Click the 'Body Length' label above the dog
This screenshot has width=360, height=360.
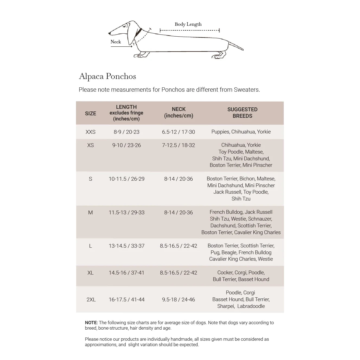[188, 24]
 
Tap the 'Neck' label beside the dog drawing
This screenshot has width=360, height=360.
[116, 42]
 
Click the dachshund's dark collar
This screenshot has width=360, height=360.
[139, 33]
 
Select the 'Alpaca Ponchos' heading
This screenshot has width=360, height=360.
[107, 76]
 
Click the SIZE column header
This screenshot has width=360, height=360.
[90, 113]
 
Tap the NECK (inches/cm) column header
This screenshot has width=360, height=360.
[179, 112]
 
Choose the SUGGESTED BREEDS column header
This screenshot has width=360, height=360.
[242, 113]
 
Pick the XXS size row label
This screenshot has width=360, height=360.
[90, 132]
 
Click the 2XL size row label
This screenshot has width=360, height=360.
[91, 300]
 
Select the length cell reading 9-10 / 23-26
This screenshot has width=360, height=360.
[126, 145]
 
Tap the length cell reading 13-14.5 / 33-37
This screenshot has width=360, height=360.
[126, 246]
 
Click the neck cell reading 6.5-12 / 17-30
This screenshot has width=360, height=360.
[179, 132]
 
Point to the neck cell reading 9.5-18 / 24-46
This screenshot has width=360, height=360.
[179, 300]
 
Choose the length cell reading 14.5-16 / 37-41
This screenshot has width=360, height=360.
[126, 273]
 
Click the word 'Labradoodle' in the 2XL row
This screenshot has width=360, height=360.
[251, 306]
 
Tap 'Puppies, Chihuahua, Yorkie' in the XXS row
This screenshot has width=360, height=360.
[241, 132]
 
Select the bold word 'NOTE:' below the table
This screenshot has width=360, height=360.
[91, 323]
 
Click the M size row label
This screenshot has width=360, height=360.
[90, 212]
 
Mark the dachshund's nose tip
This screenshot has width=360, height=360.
[109, 34]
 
